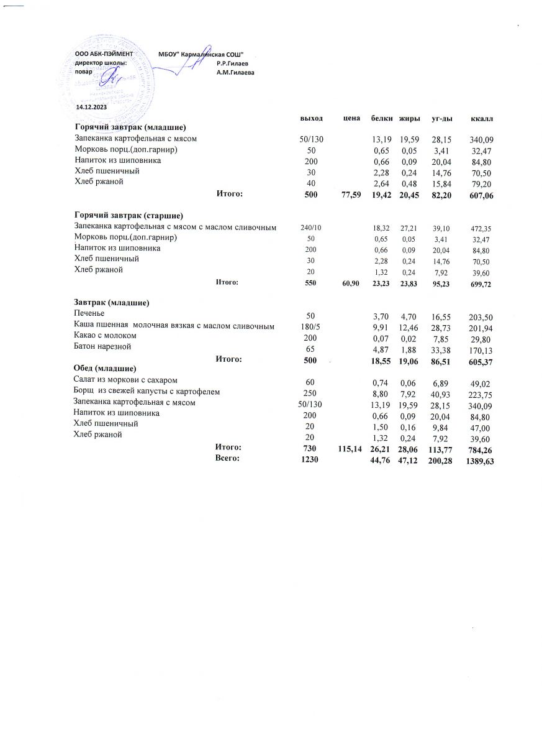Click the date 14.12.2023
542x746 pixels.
pos(91,107)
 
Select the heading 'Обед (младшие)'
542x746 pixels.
pos(104,369)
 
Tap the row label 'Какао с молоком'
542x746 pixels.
pos(104,336)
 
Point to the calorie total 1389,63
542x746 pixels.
pos(479,461)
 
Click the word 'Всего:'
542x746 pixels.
pos(227,459)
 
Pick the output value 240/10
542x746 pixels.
pos(310,228)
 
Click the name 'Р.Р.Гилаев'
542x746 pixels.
pos(233,64)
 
